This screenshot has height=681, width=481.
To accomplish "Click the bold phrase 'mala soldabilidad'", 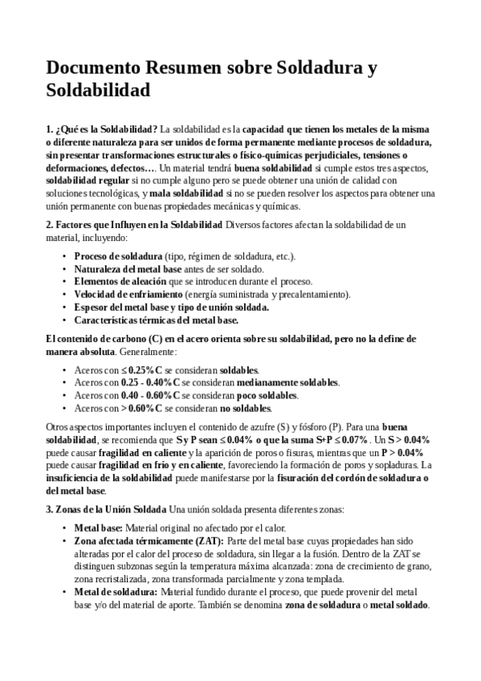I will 186,194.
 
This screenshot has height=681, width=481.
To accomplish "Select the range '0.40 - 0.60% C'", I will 150,396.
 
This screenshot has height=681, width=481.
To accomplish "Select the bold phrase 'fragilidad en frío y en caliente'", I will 149,466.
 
